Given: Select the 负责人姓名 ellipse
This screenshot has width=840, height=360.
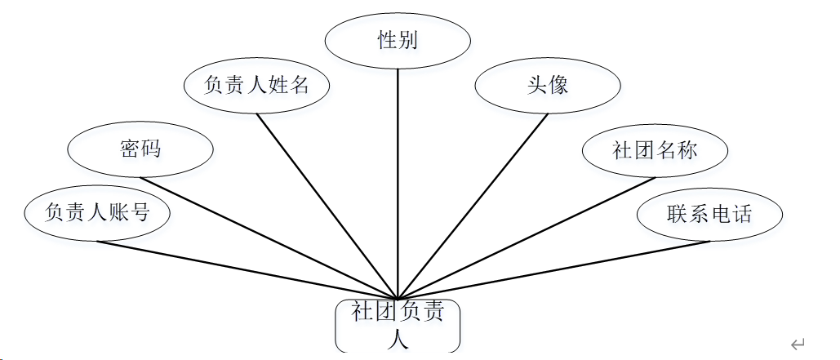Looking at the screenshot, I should [x=257, y=85].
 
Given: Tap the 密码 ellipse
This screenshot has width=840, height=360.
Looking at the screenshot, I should [x=140, y=149].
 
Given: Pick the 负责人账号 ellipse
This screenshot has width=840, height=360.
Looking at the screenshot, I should [x=97, y=214].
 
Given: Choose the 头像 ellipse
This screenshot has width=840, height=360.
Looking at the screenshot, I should [x=548, y=85].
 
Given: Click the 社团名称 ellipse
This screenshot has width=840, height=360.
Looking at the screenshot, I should [x=655, y=150].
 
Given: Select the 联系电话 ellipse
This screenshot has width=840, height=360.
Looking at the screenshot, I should [x=709, y=215].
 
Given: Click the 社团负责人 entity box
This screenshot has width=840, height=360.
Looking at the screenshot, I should [x=398, y=326].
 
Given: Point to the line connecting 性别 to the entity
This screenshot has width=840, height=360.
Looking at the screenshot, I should [x=398, y=180].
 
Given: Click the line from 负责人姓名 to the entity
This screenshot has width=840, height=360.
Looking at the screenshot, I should [x=327, y=204].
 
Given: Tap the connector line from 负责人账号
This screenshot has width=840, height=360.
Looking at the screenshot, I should [x=245, y=270].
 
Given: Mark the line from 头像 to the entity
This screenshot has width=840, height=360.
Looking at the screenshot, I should [x=473, y=204].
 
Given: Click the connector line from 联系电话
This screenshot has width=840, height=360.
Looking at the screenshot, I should [x=555, y=270].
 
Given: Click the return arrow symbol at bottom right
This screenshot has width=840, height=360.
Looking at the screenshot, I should [x=798, y=344].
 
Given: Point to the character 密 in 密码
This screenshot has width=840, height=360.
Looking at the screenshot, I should [x=129, y=149].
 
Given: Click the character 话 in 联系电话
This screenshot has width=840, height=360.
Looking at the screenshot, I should [x=741, y=215].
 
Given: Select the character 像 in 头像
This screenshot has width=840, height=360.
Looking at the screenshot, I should [x=558, y=85].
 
